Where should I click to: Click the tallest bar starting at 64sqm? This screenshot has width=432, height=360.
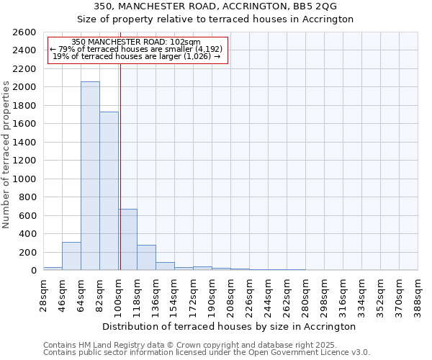coord(90,176)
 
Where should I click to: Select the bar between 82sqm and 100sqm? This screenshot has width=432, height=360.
coord(109,191)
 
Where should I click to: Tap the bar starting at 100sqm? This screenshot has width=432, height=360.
coord(127,239)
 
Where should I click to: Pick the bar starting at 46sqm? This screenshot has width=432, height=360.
coord(71,256)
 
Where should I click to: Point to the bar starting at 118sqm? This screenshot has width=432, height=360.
coord(146,258)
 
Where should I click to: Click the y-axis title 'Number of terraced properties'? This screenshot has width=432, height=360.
coord(7,155)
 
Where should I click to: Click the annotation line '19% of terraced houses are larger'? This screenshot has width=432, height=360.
coord(137,56)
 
